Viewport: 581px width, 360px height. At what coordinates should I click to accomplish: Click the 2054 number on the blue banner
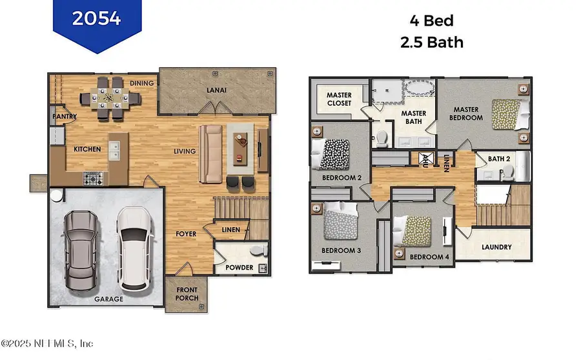coord(97,19)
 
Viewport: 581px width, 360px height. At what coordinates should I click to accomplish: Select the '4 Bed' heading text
coord(433,21)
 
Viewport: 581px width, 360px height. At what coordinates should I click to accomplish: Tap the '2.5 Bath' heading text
coord(433,43)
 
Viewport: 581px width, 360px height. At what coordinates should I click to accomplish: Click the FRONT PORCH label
coord(187,294)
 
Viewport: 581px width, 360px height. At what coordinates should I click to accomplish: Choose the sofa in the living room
coord(210,154)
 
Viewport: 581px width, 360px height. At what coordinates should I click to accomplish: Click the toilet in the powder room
coord(258,250)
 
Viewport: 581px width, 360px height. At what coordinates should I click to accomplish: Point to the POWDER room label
coord(239,268)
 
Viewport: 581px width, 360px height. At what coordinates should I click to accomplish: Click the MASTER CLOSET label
coord(338,99)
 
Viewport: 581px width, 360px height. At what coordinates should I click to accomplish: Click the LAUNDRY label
coord(496,247)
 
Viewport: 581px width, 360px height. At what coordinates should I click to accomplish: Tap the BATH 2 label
coord(499,158)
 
